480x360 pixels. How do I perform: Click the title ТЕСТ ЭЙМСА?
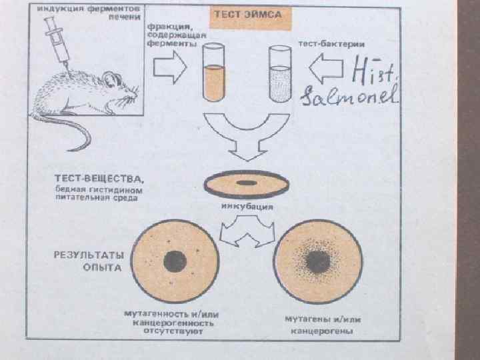[251, 14]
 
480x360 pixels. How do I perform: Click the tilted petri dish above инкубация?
[246, 183]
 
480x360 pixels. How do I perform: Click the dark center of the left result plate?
[175, 259]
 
